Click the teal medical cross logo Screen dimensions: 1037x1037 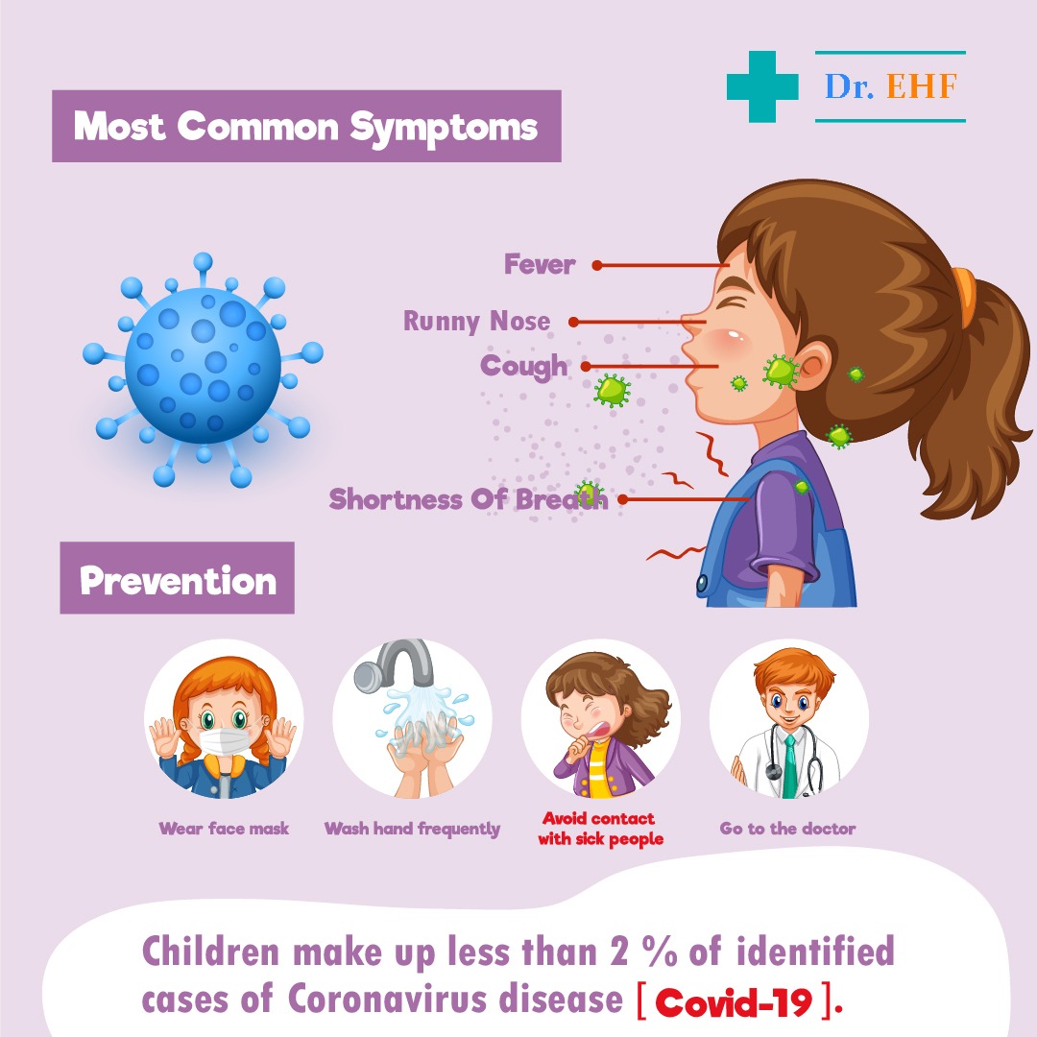[761, 86]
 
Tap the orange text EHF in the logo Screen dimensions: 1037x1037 [922, 86]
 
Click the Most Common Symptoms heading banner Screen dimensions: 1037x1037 [306, 126]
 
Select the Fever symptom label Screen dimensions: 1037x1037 [540, 265]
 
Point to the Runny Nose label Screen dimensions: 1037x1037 [477, 322]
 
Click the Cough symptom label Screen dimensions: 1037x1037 [524, 367]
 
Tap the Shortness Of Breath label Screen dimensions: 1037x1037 [469, 499]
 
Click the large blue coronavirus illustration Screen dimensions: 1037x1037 [203, 369]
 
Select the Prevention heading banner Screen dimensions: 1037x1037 [178, 578]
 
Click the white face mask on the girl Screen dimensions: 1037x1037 [224, 741]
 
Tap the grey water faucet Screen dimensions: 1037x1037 [395, 664]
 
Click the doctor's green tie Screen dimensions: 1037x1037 [789, 766]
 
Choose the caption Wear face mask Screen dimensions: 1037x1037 [224, 828]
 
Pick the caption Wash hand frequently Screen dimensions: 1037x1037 [412, 829]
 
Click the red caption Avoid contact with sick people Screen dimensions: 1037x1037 [600, 829]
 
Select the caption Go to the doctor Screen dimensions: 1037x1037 [787, 828]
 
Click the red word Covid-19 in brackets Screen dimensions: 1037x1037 [734, 1002]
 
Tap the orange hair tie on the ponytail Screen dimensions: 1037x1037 [966, 296]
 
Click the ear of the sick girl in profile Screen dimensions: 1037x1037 [810, 367]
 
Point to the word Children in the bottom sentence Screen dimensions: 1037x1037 [211, 953]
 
